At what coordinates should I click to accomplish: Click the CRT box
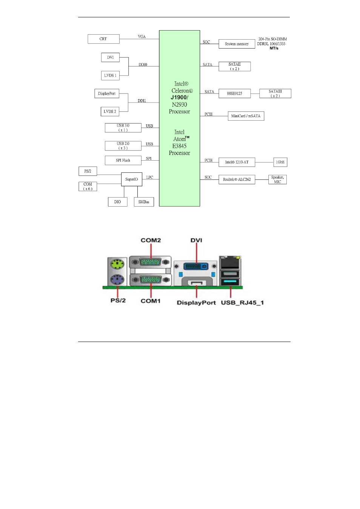tap(103, 39)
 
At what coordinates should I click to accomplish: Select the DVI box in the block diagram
tap(110, 57)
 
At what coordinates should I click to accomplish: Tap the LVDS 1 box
tap(110, 75)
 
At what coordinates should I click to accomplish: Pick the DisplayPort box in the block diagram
tap(107, 94)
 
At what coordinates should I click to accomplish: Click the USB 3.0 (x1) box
tap(123, 128)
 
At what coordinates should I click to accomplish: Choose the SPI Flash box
tap(123, 160)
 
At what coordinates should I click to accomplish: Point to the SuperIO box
tap(131, 179)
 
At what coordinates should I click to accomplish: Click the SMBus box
tap(144, 202)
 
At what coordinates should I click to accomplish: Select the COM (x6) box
tap(88, 187)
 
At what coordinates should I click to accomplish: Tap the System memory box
tap(237, 44)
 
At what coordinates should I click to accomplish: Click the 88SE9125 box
tap(234, 94)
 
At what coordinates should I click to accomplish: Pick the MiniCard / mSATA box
tap(246, 116)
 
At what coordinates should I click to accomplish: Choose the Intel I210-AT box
tap(237, 162)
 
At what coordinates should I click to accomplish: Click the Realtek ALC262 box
tap(237, 179)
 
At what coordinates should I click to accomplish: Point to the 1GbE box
tap(280, 162)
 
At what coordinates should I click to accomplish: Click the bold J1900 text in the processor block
tap(179, 97)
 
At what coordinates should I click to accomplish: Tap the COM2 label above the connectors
tap(151, 240)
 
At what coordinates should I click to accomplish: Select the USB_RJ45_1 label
tap(242, 302)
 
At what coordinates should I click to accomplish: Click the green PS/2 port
tap(117, 264)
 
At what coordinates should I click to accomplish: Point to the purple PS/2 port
tap(117, 280)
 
